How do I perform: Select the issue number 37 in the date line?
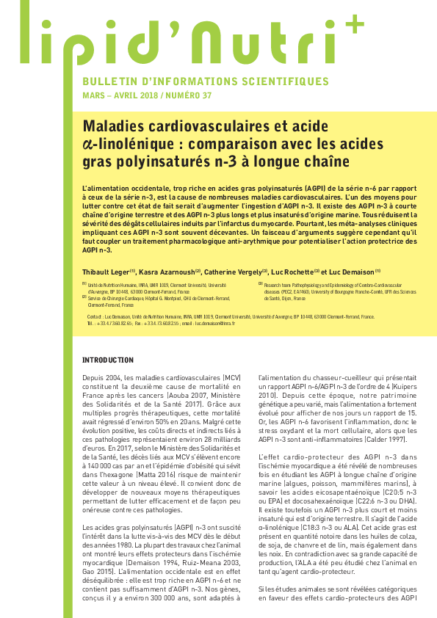point(207,96)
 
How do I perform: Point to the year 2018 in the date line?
point(143,96)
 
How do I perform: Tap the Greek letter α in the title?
point(88,144)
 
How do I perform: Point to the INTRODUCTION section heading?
point(108,360)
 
